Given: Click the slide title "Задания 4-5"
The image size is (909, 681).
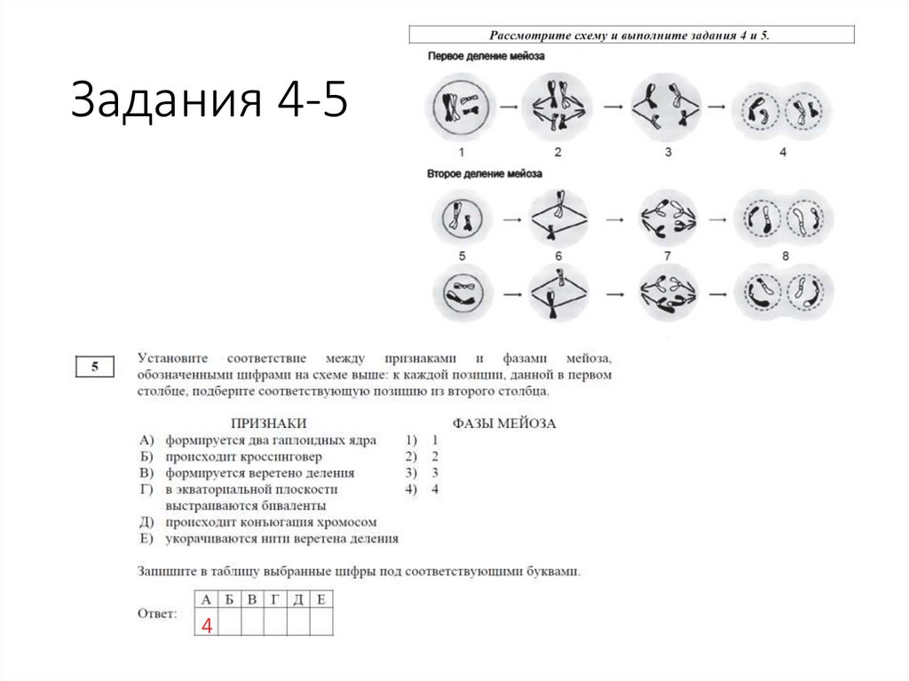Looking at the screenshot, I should [209, 99].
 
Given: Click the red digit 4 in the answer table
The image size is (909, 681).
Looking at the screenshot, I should [207, 625].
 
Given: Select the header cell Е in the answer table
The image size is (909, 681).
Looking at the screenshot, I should [321, 599].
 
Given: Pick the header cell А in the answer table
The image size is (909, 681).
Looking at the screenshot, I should [207, 599].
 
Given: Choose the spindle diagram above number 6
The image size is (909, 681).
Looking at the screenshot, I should [558, 216].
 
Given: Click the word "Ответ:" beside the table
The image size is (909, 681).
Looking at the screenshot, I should [157, 614].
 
